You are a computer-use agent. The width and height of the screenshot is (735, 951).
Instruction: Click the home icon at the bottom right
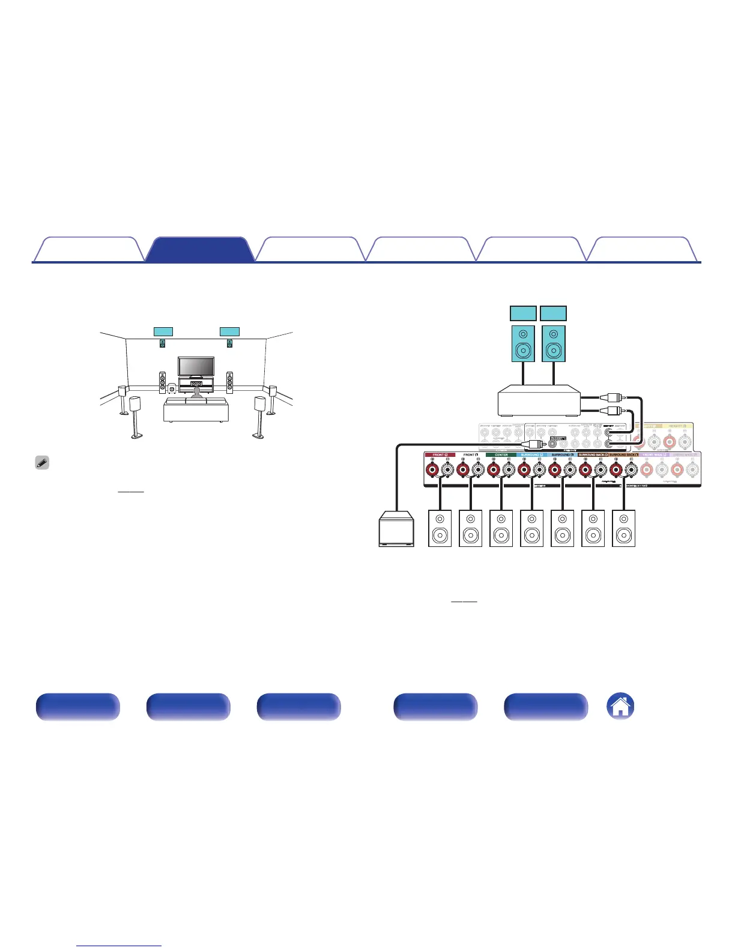pos(620,706)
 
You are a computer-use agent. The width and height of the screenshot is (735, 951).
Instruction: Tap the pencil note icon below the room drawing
pos(42,463)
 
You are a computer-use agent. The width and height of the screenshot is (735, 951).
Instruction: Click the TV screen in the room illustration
pos(196,366)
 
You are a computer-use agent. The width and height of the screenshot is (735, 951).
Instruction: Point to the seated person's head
pos(196,391)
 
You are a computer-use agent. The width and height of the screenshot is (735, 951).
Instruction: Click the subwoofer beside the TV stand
pos(172,388)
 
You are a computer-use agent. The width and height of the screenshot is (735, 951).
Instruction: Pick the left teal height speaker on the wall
pos(162,343)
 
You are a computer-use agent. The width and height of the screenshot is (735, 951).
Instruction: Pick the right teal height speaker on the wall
pos(229,343)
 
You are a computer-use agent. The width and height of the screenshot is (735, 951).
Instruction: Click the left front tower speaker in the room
pos(162,382)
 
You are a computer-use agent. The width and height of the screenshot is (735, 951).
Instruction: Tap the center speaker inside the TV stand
pos(196,383)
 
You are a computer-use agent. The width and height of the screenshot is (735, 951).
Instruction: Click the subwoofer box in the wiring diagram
pos(396,529)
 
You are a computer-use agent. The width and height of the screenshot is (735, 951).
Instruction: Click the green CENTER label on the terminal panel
pos(501,455)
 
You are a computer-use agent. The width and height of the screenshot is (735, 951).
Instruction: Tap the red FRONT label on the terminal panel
pos(440,455)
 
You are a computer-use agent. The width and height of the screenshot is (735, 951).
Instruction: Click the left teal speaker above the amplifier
pos(522,343)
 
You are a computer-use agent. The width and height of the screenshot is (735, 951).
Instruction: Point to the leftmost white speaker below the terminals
pos(440,528)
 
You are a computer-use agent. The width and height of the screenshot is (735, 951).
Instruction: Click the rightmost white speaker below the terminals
pos(623,528)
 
